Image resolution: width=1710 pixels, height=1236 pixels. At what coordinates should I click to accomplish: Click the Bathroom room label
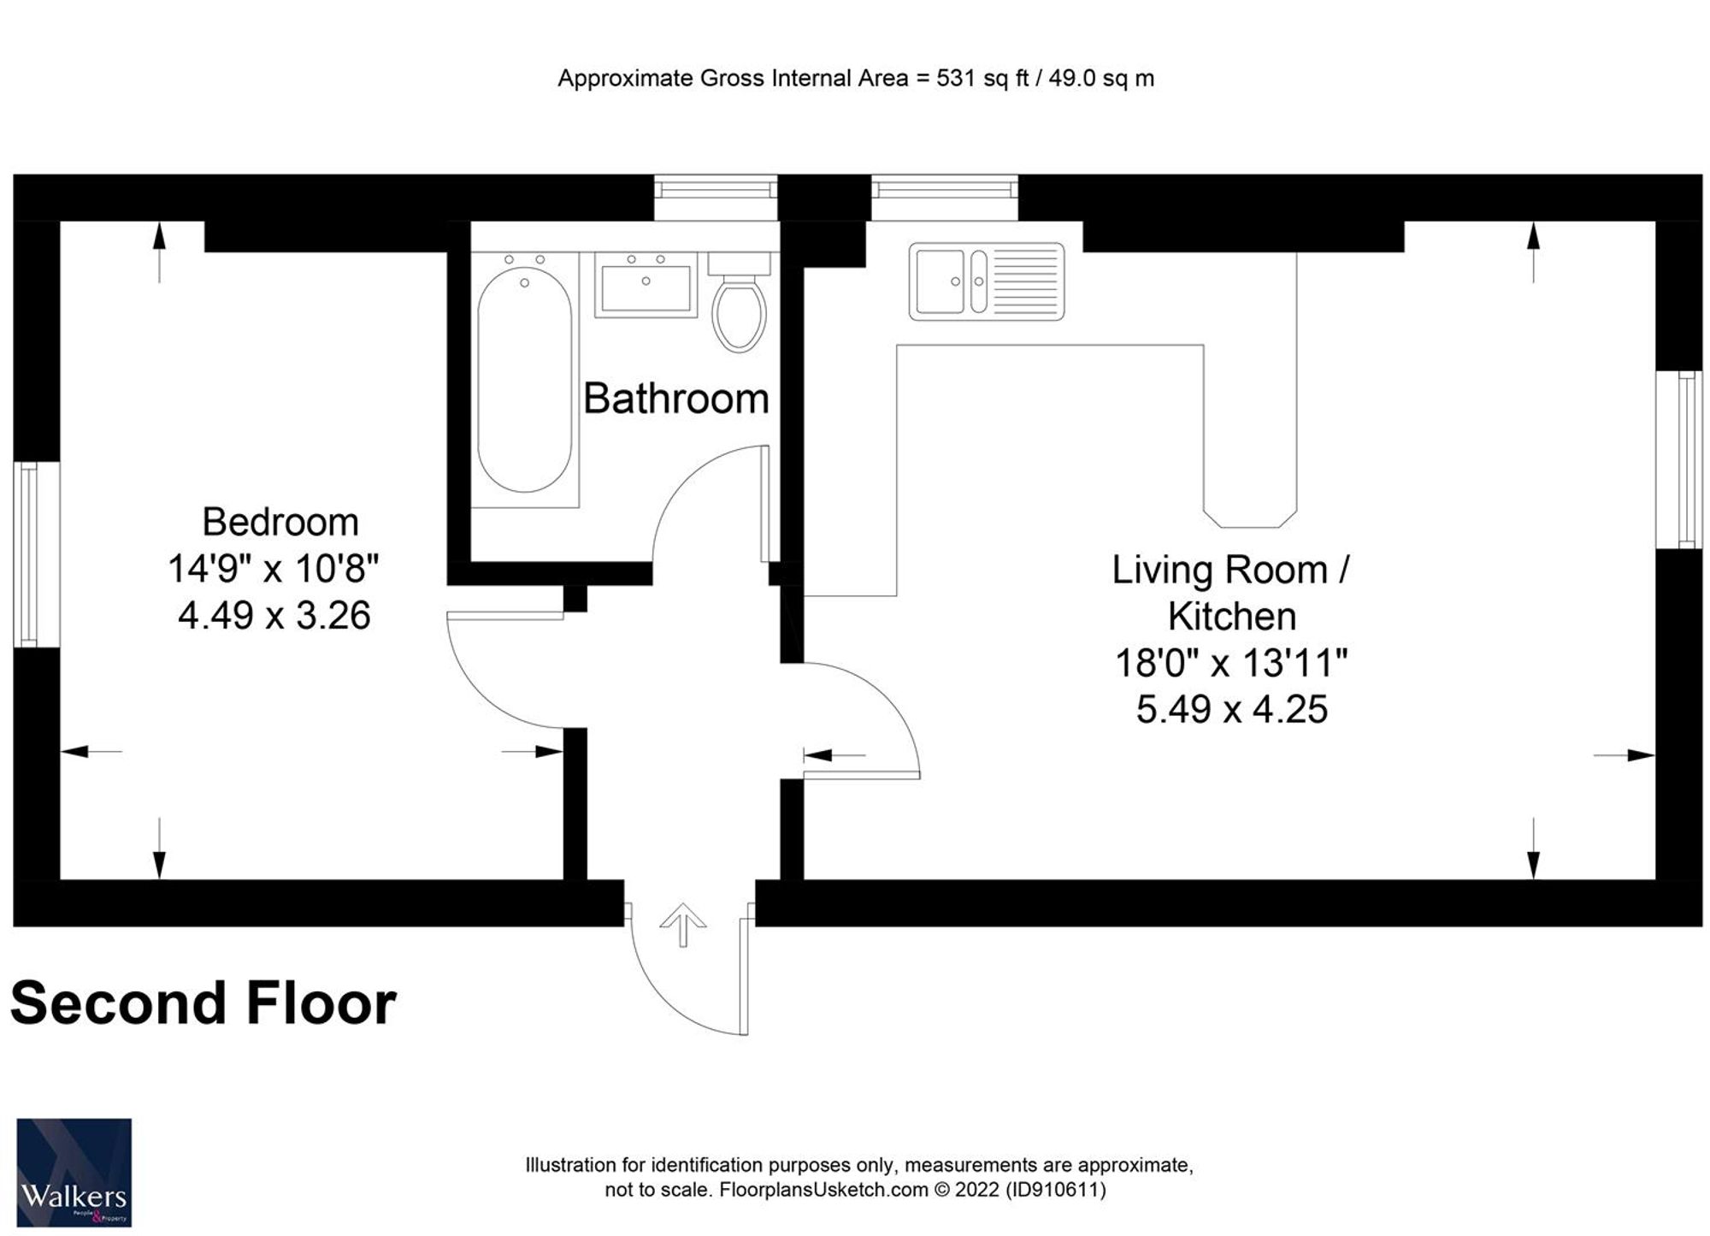click(x=675, y=399)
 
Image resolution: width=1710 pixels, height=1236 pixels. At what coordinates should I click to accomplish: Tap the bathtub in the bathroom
click(x=524, y=380)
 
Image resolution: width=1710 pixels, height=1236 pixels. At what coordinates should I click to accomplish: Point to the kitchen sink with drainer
click(x=987, y=281)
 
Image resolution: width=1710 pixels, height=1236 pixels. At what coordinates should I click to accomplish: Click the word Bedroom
click(x=280, y=522)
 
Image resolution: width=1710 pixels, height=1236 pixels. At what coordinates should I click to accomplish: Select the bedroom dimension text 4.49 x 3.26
click(x=274, y=616)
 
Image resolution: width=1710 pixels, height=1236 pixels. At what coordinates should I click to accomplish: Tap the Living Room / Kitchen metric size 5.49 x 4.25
click(x=1232, y=709)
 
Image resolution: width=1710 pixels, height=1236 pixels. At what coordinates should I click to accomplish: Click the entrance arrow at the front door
click(x=683, y=925)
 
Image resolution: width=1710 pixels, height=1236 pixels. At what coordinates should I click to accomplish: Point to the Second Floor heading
click(x=203, y=1002)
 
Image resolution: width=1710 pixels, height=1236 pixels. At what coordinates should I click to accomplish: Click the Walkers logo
click(x=74, y=1173)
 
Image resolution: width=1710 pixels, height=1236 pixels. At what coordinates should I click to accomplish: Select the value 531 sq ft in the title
click(x=982, y=79)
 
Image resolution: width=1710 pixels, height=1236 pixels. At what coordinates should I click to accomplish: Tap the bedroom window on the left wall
click(x=29, y=554)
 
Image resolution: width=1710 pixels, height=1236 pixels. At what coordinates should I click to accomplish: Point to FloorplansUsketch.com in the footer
click(x=823, y=1190)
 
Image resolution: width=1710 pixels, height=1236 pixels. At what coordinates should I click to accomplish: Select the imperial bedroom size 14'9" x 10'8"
click(x=273, y=568)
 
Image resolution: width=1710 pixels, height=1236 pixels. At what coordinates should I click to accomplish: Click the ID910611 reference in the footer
click(x=1055, y=1190)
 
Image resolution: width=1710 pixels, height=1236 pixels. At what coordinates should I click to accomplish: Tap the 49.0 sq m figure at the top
click(x=1101, y=79)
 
